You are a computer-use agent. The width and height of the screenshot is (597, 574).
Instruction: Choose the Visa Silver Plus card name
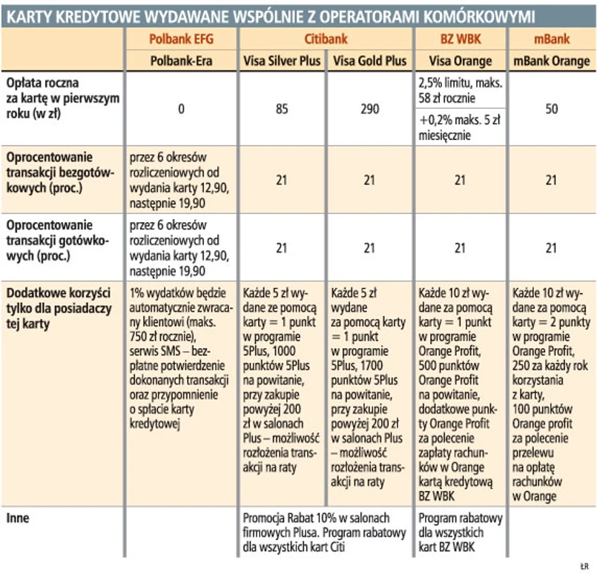click(283, 61)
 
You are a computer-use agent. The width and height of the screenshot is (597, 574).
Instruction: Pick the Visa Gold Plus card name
click(369, 61)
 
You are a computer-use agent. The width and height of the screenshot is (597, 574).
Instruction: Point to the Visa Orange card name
click(459, 61)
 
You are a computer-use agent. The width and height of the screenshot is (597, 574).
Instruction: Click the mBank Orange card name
click(551, 61)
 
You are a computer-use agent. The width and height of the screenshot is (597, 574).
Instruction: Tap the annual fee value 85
click(283, 109)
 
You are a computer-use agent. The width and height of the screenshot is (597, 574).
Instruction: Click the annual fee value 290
click(369, 109)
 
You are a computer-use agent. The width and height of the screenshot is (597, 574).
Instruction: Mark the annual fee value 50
click(551, 109)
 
